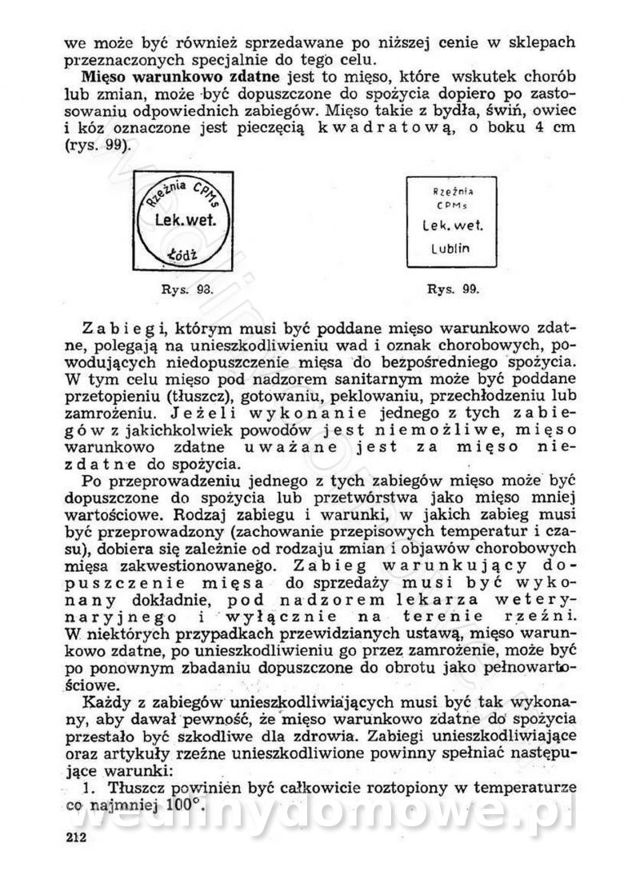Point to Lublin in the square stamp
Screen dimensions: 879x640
pyautogui.click(x=452, y=248)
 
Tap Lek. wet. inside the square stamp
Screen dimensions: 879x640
pyautogui.click(x=453, y=226)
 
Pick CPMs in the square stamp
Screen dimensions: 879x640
pyautogui.click(x=453, y=206)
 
